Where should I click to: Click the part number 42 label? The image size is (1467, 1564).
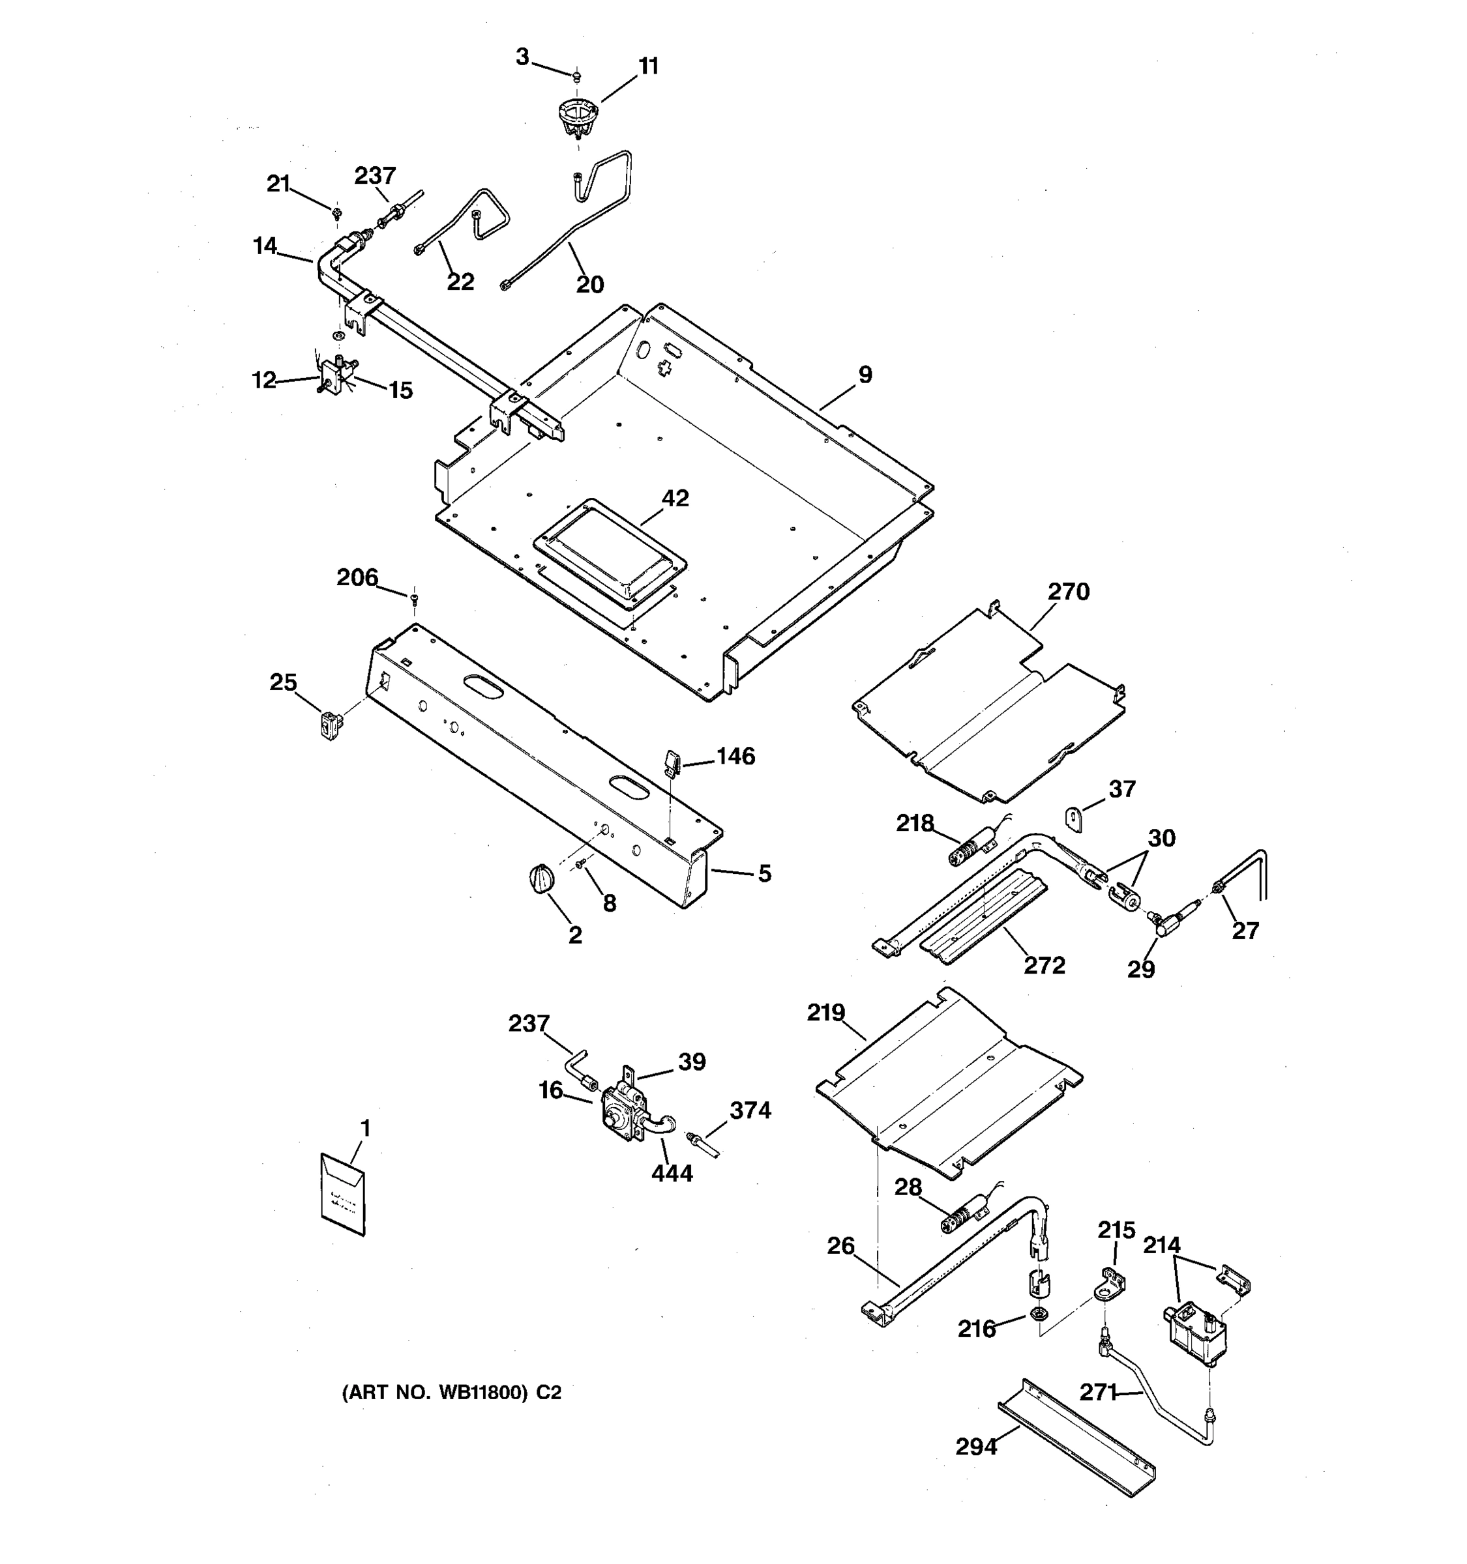[675, 498]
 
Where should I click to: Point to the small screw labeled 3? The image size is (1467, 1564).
[576, 76]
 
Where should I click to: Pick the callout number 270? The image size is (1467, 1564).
[1068, 592]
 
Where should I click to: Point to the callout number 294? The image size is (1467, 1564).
[976, 1446]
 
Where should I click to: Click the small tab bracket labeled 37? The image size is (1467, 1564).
[1075, 818]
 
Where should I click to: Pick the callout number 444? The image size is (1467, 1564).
[672, 1174]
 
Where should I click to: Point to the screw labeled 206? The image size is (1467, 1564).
[415, 600]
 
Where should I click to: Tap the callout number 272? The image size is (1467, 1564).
[1045, 965]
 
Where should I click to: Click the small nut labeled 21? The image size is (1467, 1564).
[337, 212]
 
